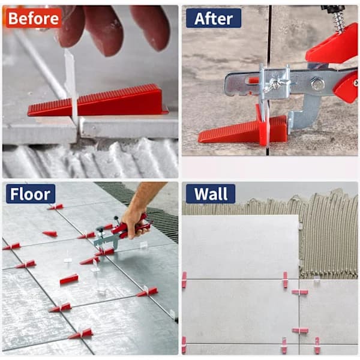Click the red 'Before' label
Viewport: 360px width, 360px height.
tap(34, 18)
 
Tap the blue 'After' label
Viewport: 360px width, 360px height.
tap(214, 19)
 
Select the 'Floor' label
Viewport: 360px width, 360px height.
tap(31, 194)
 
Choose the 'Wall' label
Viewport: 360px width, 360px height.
tap(211, 194)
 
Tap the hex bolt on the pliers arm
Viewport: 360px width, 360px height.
tap(316, 83)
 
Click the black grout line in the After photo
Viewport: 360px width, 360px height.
tap(269, 34)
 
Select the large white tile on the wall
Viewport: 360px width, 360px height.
tap(241, 247)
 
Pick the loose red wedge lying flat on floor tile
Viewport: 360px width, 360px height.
tap(69, 279)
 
